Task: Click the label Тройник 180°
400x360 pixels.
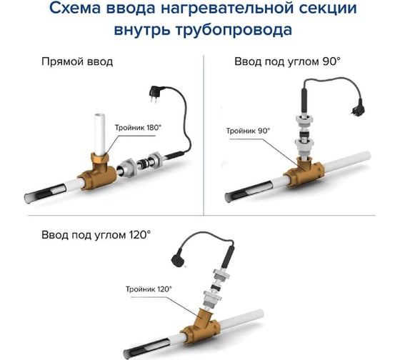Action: coord(138,128)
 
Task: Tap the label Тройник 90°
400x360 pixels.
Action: coord(248,131)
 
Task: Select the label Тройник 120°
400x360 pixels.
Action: coord(149,289)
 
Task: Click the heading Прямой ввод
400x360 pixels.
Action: coord(77,62)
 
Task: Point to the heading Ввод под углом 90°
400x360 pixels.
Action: coord(287,62)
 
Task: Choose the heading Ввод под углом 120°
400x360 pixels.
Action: coord(96,235)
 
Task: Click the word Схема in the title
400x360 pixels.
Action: coord(77,9)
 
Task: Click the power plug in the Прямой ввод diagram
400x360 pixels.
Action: coord(154,93)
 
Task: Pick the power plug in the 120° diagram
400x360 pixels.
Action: coord(179,260)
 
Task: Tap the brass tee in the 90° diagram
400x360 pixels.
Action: coord(304,172)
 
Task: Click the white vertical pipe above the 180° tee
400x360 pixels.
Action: coord(100,134)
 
